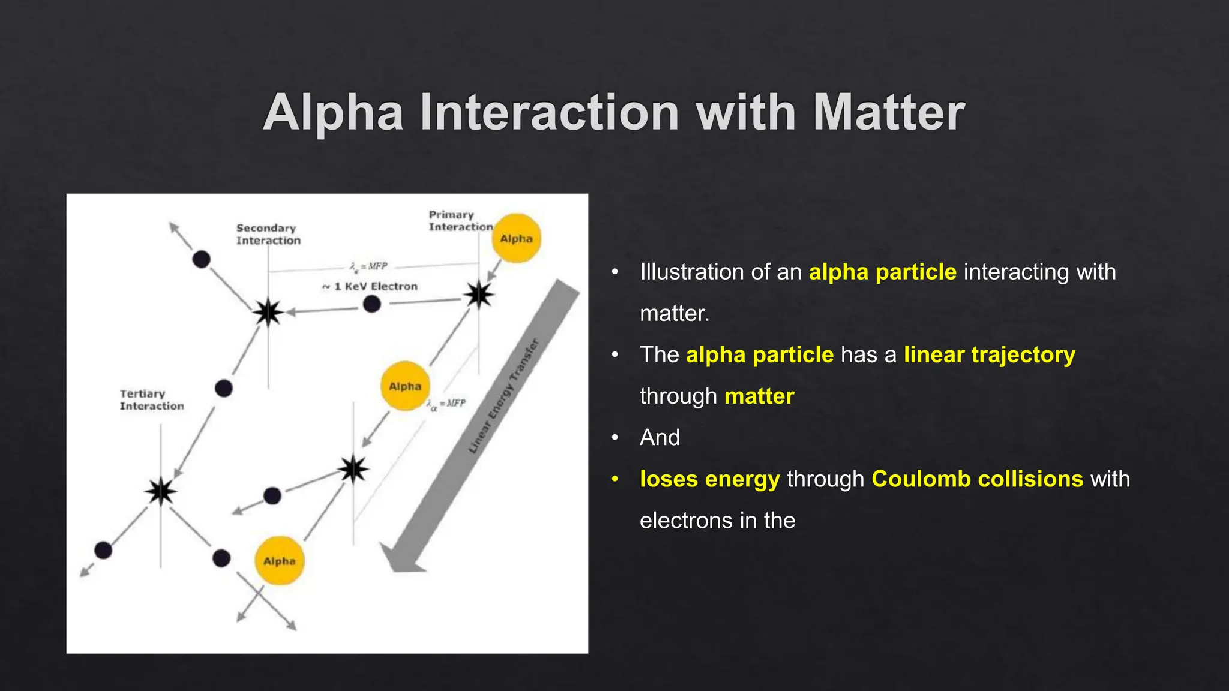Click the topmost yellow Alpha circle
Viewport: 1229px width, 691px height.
click(516, 239)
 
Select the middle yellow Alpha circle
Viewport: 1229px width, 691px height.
click(405, 386)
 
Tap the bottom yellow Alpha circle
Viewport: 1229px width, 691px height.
click(280, 561)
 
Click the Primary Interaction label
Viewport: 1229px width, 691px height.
click(460, 221)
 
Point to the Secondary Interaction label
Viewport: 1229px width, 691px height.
click(268, 235)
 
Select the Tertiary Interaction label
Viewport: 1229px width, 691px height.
click(151, 400)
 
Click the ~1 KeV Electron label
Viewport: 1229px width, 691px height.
click(370, 287)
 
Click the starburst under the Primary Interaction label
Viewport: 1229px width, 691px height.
click(479, 295)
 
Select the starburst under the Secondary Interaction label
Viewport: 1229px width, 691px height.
click(268, 312)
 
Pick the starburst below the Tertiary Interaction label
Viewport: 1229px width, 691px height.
click(161, 491)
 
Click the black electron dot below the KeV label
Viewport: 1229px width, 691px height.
click(372, 304)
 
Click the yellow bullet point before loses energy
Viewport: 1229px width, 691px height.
click(614, 479)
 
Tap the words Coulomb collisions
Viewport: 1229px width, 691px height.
click(977, 479)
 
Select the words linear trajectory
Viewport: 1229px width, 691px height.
click(989, 355)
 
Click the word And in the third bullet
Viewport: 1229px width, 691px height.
click(660, 438)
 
